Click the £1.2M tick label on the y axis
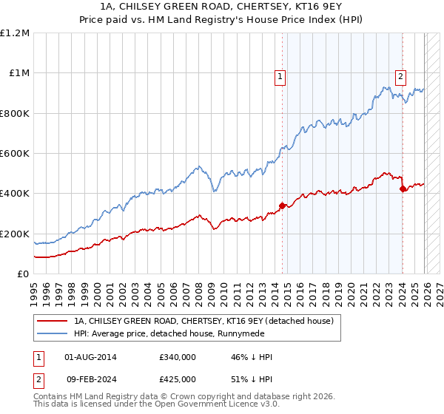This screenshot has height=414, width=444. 15,33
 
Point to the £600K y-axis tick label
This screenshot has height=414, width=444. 15,154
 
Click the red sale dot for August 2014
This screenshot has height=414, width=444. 282,206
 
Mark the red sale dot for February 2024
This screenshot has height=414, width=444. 403,189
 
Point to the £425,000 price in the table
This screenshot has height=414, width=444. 178,379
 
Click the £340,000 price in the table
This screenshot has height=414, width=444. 178,357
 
